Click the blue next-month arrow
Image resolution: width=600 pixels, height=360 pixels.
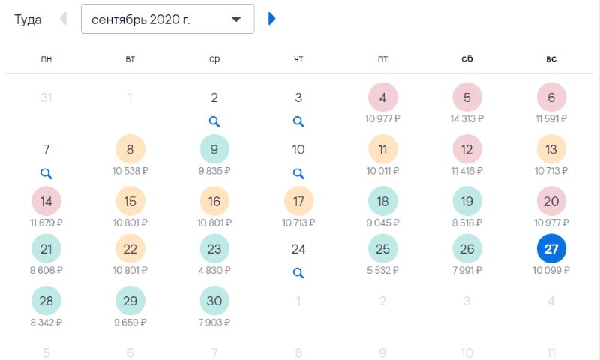[272, 19]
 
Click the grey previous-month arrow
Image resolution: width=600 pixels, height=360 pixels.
[63, 19]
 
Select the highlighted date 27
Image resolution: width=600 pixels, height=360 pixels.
[551, 249]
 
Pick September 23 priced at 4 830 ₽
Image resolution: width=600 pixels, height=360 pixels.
[214, 249]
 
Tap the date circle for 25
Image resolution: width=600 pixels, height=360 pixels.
[382, 249]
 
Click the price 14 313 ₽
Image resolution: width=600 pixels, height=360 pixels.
[467, 118]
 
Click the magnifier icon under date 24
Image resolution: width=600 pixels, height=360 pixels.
[298, 272]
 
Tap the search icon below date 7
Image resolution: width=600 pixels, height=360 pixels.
[46, 173]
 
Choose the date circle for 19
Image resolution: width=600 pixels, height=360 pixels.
[467, 201]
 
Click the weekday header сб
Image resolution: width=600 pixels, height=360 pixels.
[467, 58]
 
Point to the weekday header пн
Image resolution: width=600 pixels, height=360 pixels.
[46, 58]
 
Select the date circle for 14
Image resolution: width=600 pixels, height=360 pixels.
[46, 201]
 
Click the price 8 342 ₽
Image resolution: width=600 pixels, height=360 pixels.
[46, 322]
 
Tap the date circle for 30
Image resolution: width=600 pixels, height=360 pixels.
[214, 301]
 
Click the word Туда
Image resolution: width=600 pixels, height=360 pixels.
[28, 19]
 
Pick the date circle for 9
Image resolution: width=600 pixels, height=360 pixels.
[214, 149]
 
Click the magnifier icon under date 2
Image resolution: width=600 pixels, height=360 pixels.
[214, 121]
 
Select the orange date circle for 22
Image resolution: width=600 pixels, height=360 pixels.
[130, 249]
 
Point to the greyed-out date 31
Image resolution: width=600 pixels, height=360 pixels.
[46, 97]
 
